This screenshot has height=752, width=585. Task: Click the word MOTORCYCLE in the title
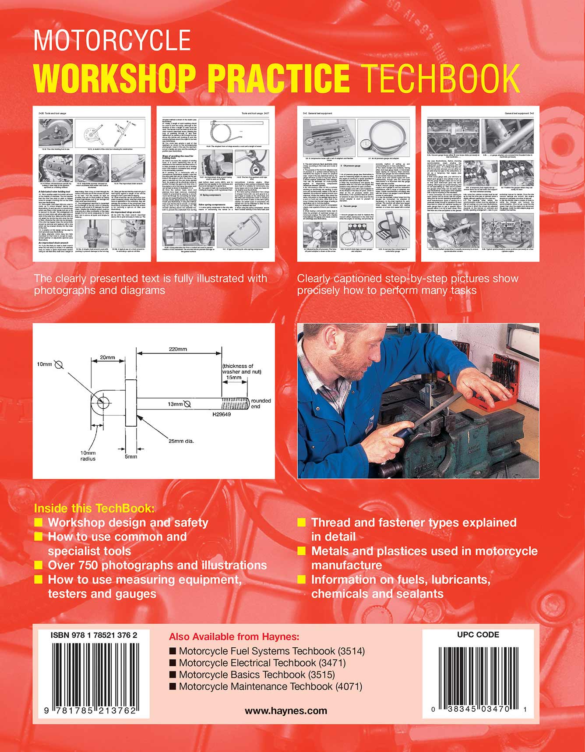click(112, 41)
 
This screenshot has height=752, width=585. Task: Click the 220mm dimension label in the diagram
click(178, 349)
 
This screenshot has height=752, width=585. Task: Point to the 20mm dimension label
click(107, 357)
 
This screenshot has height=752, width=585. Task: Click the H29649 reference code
click(222, 414)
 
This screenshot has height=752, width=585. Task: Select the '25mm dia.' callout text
click(181, 441)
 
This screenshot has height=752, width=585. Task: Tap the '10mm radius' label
click(88, 455)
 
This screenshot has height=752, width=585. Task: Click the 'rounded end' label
click(261, 403)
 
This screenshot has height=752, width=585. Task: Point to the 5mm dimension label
click(130, 456)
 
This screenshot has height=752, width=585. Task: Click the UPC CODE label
click(478, 635)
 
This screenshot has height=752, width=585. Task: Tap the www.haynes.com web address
click(285, 711)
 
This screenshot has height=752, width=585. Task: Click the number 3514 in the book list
click(351, 651)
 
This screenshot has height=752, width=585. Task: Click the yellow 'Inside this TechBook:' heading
click(94, 508)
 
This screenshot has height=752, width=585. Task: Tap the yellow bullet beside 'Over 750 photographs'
click(39, 565)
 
